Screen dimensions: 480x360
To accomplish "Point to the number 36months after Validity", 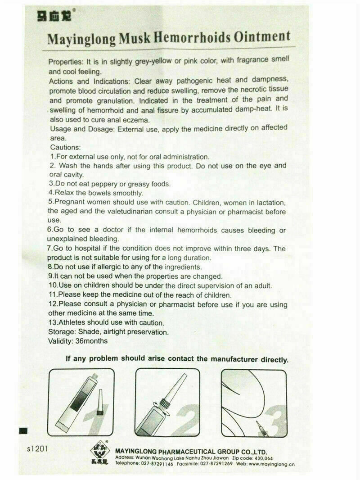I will point(92,341).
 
